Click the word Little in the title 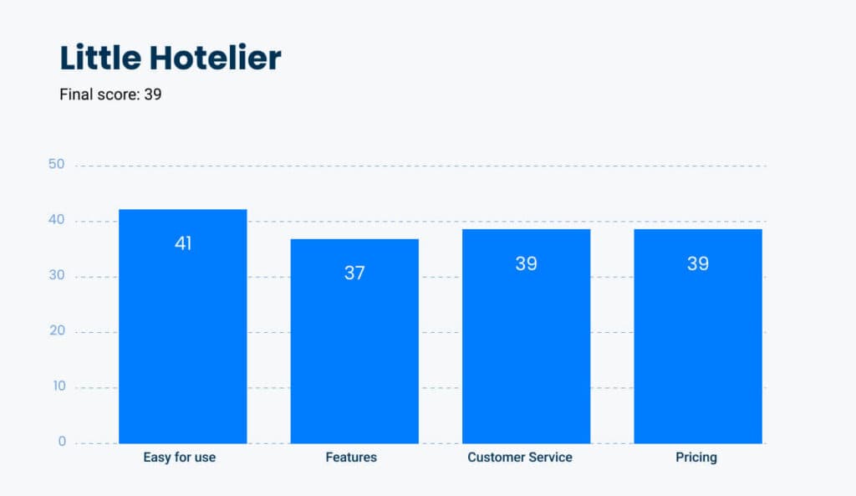click(x=100, y=58)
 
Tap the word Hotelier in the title click(x=215, y=58)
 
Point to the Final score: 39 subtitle click(x=110, y=95)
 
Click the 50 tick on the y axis click(x=56, y=164)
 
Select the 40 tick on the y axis click(x=56, y=220)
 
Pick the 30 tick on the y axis click(x=56, y=275)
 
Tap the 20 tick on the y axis click(x=57, y=330)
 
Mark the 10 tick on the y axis click(x=59, y=386)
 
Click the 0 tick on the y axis click(x=62, y=442)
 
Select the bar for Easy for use click(x=183, y=326)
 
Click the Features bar click(x=354, y=341)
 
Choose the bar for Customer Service click(x=527, y=336)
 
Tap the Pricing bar click(x=698, y=336)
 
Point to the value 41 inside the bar click(x=183, y=243)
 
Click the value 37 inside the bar click(x=354, y=273)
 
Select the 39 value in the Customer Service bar click(x=527, y=263)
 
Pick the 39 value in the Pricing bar click(x=698, y=263)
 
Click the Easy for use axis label click(x=179, y=458)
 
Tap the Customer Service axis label click(x=520, y=458)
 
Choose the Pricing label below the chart click(x=696, y=458)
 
